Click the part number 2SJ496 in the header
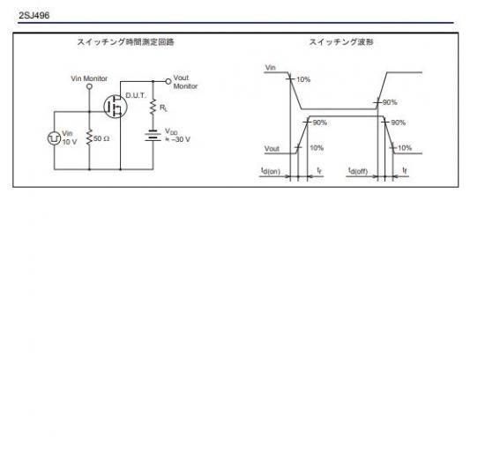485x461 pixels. pyautogui.click(x=34, y=16)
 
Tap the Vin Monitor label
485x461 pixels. pyautogui.click(x=89, y=78)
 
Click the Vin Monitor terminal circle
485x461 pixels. pyautogui.click(x=89, y=86)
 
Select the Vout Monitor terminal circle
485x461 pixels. pyautogui.click(x=168, y=82)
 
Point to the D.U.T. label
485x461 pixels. pyautogui.click(x=136, y=95)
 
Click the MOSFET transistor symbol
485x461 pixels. pyautogui.click(x=116, y=107)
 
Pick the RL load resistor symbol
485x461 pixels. pyautogui.click(x=153, y=107)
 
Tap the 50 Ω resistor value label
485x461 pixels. pyautogui.click(x=101, y=138)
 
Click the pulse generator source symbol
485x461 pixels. pyautogui.click(x=54, y=138)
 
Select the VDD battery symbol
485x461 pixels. pyautogui.click(x=153, y=136)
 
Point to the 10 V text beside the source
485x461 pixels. pyautogui.click(x=70, y=142)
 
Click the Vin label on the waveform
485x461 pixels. pyautogui.click(x=271, y=67)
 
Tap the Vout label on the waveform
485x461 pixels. pyautogui.click(x=272, y=149)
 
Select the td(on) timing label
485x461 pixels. pyautogui.click(x=271, y=171)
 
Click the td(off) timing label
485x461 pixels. pyautogui.click(x=358, y=171)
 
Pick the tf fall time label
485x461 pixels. pyautogui.click(x=405, y=170)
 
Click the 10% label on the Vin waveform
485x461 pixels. pyautogui.click(x=303, y=79)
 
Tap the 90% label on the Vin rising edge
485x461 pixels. pyautogui.click(x=390, y=102)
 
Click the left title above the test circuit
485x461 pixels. pyautogui.click(x=125, y=42)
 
